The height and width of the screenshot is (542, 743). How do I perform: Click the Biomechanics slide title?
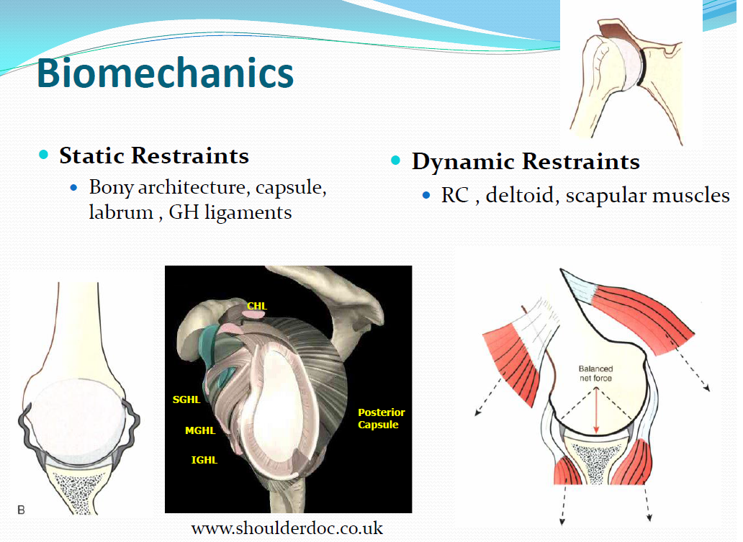166,73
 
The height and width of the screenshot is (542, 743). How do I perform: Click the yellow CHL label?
257,306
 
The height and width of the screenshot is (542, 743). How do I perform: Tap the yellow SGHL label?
186,400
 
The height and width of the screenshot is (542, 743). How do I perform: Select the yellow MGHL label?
200,430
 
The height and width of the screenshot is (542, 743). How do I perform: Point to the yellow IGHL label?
204,460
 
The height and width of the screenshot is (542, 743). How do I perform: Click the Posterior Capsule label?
381,418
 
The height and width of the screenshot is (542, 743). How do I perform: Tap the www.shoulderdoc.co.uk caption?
287,528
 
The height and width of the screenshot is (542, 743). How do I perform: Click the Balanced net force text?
595,374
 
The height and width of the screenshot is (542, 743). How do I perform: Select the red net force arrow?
596,410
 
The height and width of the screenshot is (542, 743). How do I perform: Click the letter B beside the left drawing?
21,510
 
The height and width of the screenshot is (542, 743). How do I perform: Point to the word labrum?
121,212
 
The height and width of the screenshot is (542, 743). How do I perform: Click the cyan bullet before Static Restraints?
44,155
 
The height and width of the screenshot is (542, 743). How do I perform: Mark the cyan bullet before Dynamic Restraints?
396,160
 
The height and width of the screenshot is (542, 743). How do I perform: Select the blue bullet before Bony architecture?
73,188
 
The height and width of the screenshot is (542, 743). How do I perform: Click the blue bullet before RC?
426,195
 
